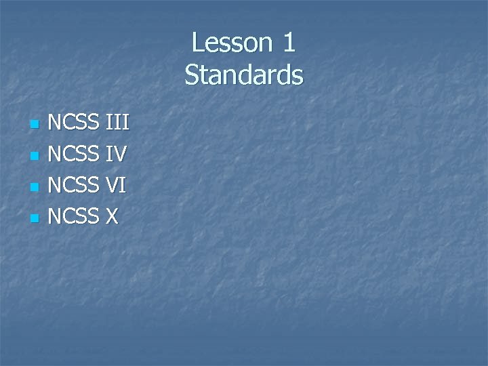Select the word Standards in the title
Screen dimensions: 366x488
pos(244,75)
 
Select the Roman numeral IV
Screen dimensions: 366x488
pos(117,155)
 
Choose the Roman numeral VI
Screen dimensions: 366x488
pos(117,186)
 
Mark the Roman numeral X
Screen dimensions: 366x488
pos(112,217)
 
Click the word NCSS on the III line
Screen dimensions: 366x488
pos(74,123)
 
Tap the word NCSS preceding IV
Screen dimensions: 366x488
pos(74,155)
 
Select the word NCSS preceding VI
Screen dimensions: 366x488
pos(74,186)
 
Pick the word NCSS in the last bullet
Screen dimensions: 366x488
pos(74,217)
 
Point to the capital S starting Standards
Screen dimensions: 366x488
pos(191,75)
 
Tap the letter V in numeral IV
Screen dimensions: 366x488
pos(120,155)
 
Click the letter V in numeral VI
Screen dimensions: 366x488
pos(113,186)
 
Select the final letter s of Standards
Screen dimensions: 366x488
pos(298,76)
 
